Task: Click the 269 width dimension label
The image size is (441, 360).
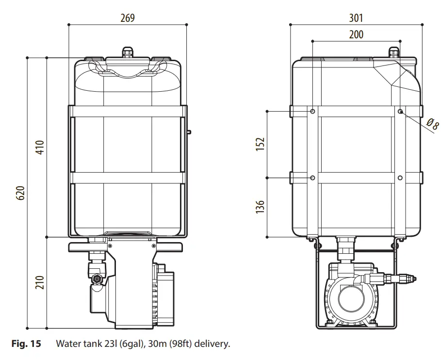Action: (128, 18)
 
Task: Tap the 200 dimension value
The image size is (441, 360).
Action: (356, 34)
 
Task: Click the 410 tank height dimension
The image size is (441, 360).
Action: (40, 147)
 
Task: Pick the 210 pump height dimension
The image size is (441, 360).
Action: (40, 282)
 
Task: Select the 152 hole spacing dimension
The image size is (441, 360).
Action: (261, 144)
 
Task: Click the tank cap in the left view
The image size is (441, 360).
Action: (128, 51)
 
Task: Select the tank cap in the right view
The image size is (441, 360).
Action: (394, 51)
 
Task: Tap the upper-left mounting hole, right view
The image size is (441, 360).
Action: (313, 112)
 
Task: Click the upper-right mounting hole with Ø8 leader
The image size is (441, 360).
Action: (400, 112)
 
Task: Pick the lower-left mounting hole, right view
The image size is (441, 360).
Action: (313, 178)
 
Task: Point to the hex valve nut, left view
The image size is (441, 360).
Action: (97, 279)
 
